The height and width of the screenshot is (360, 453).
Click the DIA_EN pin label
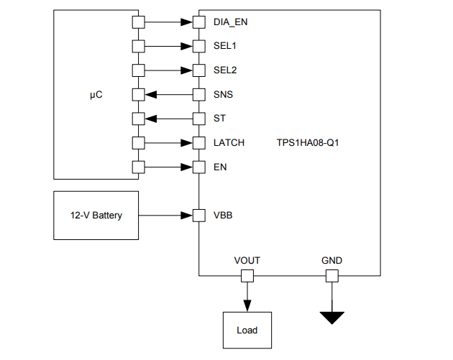click(x=231, y=22)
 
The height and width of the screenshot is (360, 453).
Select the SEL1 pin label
click(x=225, y=46)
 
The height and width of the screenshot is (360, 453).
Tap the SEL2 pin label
click(x=225, y=70)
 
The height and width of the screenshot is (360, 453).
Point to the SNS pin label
click(x=223, y=94)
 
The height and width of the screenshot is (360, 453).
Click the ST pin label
click(x=219, y=119)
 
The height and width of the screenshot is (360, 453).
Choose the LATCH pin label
click(x=229, y=142)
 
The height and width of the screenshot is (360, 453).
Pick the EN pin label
click(x=219, y=167)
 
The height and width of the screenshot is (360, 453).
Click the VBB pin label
click(x=223, y=215)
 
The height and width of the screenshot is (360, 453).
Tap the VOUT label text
click(x=247, y=260)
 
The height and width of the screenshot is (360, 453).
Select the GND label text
click(x=331, y=260)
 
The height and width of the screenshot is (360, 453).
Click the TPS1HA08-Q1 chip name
click(x=308, y=142)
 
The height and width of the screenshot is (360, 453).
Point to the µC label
click(x=96, y=94)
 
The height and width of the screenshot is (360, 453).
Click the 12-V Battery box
click(x=96, y=215)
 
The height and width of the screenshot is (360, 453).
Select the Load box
click(x=247, y=331)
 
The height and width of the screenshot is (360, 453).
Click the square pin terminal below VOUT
click(x=247, y=276)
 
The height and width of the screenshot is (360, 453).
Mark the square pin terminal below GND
click(x=331, y=276)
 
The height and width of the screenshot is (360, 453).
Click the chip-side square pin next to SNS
click(x=198, y=94)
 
